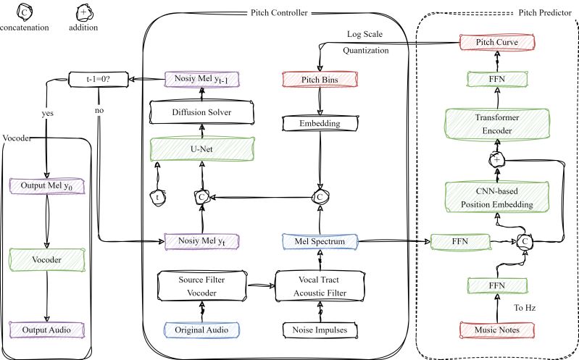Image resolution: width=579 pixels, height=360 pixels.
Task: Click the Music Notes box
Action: pos(497,330)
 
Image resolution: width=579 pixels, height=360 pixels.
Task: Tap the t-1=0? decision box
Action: pos(93,77)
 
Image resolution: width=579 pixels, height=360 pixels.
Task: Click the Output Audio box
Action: pos(47,330)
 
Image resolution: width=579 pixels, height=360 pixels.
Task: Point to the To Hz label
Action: pos(524,307)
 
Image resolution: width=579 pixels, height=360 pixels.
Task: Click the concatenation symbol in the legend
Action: pos(25,12)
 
